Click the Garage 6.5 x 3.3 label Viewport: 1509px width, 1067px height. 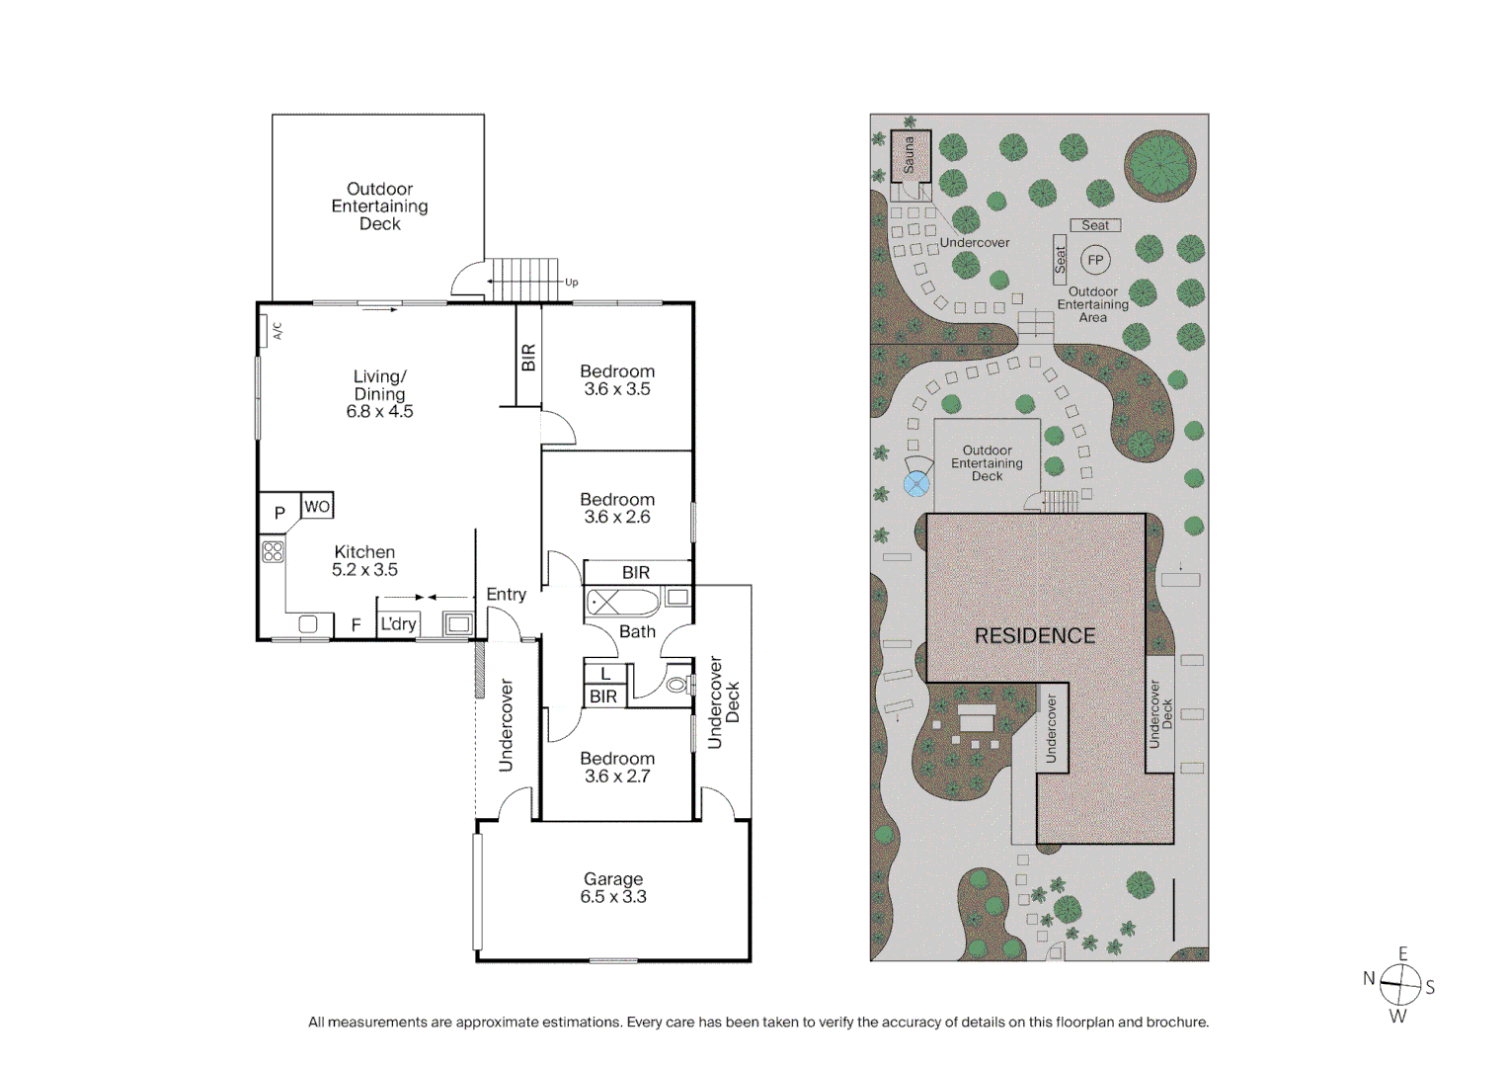click(x=612, y=887)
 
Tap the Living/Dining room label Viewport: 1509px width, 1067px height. click(x=379, y=393)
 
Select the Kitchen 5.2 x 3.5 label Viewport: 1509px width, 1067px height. click(x=364, y=560)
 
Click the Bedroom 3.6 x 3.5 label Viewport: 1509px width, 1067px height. click(x=617, y=380)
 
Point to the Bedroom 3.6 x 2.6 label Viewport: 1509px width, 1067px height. click(x=617, y=508)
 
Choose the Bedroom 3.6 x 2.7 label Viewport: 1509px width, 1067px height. click(x=617, y=767)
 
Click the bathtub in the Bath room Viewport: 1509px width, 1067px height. click(x=622, y=601)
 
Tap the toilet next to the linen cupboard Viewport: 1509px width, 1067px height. click(x=676, y=684)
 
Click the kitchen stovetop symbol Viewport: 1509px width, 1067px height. click(x=274, y=551)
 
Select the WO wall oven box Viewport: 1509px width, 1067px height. click(x=317, y=506)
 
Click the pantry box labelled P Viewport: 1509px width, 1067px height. click(x=279, y=513)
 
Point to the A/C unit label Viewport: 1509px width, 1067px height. click(x=277, y=330)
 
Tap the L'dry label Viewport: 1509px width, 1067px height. click(x=399, y=623)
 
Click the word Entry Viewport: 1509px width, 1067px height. click(x=506, y=594)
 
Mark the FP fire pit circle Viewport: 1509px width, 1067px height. click(x=1094, y=260)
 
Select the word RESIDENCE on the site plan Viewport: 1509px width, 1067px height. click(x=1035, y=635)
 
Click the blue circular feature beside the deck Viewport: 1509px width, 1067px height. click(x=916, y=483)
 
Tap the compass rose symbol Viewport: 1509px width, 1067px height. click(x=1398, y=984)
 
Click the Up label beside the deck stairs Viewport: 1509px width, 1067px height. click(x=571, y=282)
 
